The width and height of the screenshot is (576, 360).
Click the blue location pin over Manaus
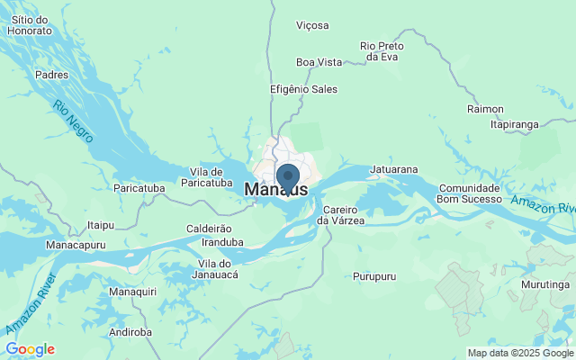point(288,177)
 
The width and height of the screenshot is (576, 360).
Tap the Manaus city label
point(275,191)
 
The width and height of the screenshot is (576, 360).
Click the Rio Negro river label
point(73,122)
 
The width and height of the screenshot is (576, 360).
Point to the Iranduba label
point(222,242)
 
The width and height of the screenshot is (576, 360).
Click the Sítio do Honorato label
point(30,24)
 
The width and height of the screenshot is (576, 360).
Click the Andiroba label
point(130,332)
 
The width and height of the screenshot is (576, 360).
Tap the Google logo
point(30,349)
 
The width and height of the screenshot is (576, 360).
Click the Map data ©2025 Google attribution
point(520,353)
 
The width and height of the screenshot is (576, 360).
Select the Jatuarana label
point(394,168)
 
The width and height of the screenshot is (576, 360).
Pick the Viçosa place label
point(312,25)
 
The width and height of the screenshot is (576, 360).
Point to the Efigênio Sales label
point(303,89)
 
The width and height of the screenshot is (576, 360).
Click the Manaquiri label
point(132,292)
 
